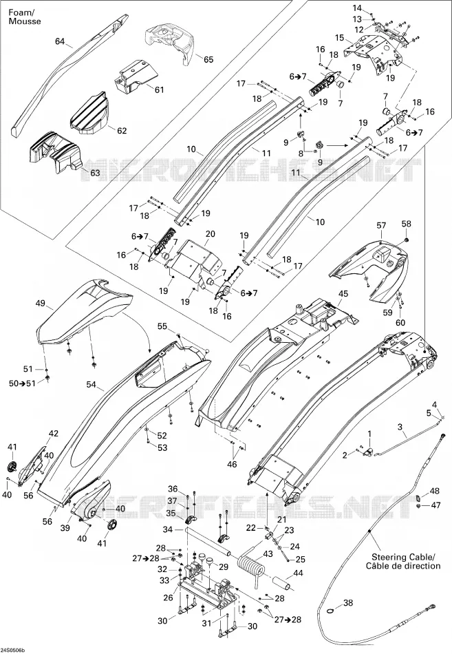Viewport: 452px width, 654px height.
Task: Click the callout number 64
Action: coord(60,41)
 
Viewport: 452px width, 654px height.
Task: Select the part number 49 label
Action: coord(41,303)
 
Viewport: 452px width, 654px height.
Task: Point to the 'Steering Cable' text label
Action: coord(403,557)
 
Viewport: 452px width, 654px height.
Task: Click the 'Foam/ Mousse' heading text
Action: coord(25,17)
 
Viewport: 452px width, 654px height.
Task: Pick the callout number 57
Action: coord(381,226)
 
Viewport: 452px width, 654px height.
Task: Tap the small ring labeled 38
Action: coord(331,611)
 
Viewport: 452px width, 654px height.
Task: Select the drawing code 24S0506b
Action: coord(12,651)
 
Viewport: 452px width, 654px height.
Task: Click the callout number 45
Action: coord(343,294)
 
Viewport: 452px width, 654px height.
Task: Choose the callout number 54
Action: coord(92,384)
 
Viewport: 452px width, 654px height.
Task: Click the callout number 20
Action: coord(210,233)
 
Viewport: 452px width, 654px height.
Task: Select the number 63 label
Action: coord(95,172)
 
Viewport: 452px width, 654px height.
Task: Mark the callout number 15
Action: coord(339,38)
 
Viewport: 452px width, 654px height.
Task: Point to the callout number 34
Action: coord(168,529)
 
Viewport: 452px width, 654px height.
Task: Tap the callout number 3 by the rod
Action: coord(400,427)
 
